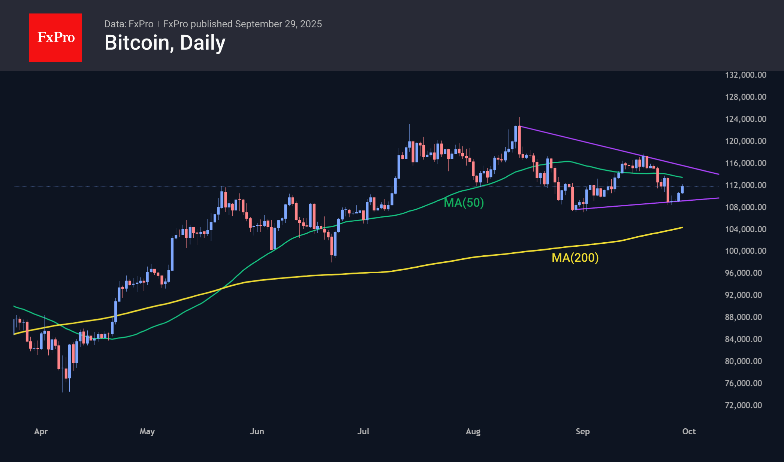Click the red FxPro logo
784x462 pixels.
[x=55, y=37]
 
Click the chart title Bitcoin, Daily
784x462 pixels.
[x=165, y=43]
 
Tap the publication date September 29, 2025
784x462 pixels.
[x=278, y=24]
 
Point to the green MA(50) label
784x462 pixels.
[x=464, y=203]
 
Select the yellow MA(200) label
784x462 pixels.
[x=575, y=258]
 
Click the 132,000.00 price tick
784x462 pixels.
[x=745, y=75]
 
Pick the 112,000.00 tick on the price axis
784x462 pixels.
[x=745, y=185]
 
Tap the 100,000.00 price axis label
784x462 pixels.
[x=745, y=251]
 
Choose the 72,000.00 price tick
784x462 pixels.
[x=743, y=405]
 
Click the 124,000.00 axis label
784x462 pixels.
[x=745, y=119]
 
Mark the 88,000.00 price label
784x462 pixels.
[x=743, y=317]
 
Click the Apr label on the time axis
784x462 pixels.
[x=41, y=431]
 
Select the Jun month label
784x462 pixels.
[x=257, y=431]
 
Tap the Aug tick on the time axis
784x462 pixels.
[x=473, y=431]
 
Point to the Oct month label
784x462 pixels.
[x=689, y=431]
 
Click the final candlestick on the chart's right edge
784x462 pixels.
[x=682, y=189]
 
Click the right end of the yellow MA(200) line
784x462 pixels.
[x=682, y=228]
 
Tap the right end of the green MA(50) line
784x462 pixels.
[x=682, y=177]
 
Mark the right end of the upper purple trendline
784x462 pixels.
[x=718, y=174]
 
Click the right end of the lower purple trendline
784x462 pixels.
[x=718, y=198]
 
